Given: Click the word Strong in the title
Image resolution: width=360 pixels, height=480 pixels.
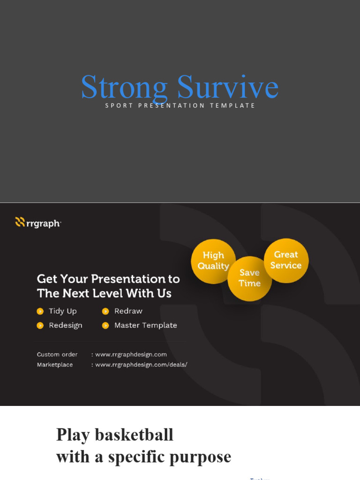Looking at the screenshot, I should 124,88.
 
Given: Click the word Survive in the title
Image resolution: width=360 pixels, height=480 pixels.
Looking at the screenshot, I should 228,88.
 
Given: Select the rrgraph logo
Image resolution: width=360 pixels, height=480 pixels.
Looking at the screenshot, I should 38,223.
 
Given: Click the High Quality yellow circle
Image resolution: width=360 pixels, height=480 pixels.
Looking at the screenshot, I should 213,261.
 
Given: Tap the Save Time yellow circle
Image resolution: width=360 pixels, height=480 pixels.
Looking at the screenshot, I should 249,278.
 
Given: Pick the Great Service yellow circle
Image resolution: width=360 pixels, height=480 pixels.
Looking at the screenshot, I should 286,260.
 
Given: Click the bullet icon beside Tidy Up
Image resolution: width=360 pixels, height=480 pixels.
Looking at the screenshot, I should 40,311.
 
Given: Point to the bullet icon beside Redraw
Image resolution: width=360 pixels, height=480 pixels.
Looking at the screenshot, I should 105,311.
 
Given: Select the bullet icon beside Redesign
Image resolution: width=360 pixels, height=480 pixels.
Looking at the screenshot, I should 40,325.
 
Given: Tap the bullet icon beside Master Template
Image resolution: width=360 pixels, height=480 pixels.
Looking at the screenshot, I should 105,325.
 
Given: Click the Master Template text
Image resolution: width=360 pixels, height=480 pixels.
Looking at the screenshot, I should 146,325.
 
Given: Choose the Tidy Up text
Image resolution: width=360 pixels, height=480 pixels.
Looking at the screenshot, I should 63,311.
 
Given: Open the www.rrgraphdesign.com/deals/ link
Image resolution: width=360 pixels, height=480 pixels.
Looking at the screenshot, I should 141,365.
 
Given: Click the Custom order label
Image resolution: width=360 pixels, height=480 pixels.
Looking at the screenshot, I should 57,354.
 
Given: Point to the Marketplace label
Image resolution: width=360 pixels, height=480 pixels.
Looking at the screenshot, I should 55,365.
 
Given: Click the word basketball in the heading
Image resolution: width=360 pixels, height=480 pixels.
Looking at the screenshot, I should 134,435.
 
